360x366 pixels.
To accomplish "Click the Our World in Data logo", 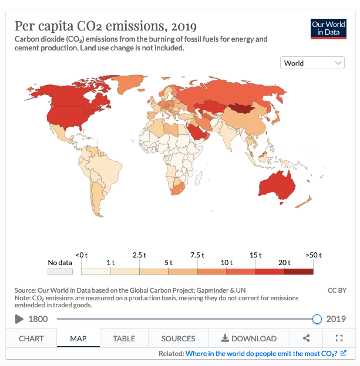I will pyautogui.click(x=328, y=28).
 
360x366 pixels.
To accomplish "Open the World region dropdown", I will pyautogui.click(x=313, y=63).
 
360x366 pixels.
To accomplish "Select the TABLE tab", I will pyautogui.click(x=124, y=338).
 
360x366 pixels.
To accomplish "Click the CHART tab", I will pyautogui.click(x=31, y=338).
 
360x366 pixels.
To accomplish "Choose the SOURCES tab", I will pyautogui.click(x=178, y=338).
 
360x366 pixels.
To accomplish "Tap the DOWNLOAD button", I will pyautogui.click(x=248, y=338).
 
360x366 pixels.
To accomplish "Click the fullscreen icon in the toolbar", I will pyautogui.click(x=339, y=338).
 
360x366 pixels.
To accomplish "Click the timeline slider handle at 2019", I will pyautogui.click(x=317, y=319).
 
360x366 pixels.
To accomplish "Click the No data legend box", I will pyautogui.click(x=60, y=272).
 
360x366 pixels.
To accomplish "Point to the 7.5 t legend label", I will pyautogui.click(x=197, y=255).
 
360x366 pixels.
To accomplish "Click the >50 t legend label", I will pyautogui.click(x=314, y=255).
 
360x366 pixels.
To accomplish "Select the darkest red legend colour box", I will pyautogui.click(x=299, y=272).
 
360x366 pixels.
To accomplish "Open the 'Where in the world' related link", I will pyautogui.click(x=261, y=354).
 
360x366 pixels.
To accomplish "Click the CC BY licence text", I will pyautogui.click(x=337, y=290).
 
